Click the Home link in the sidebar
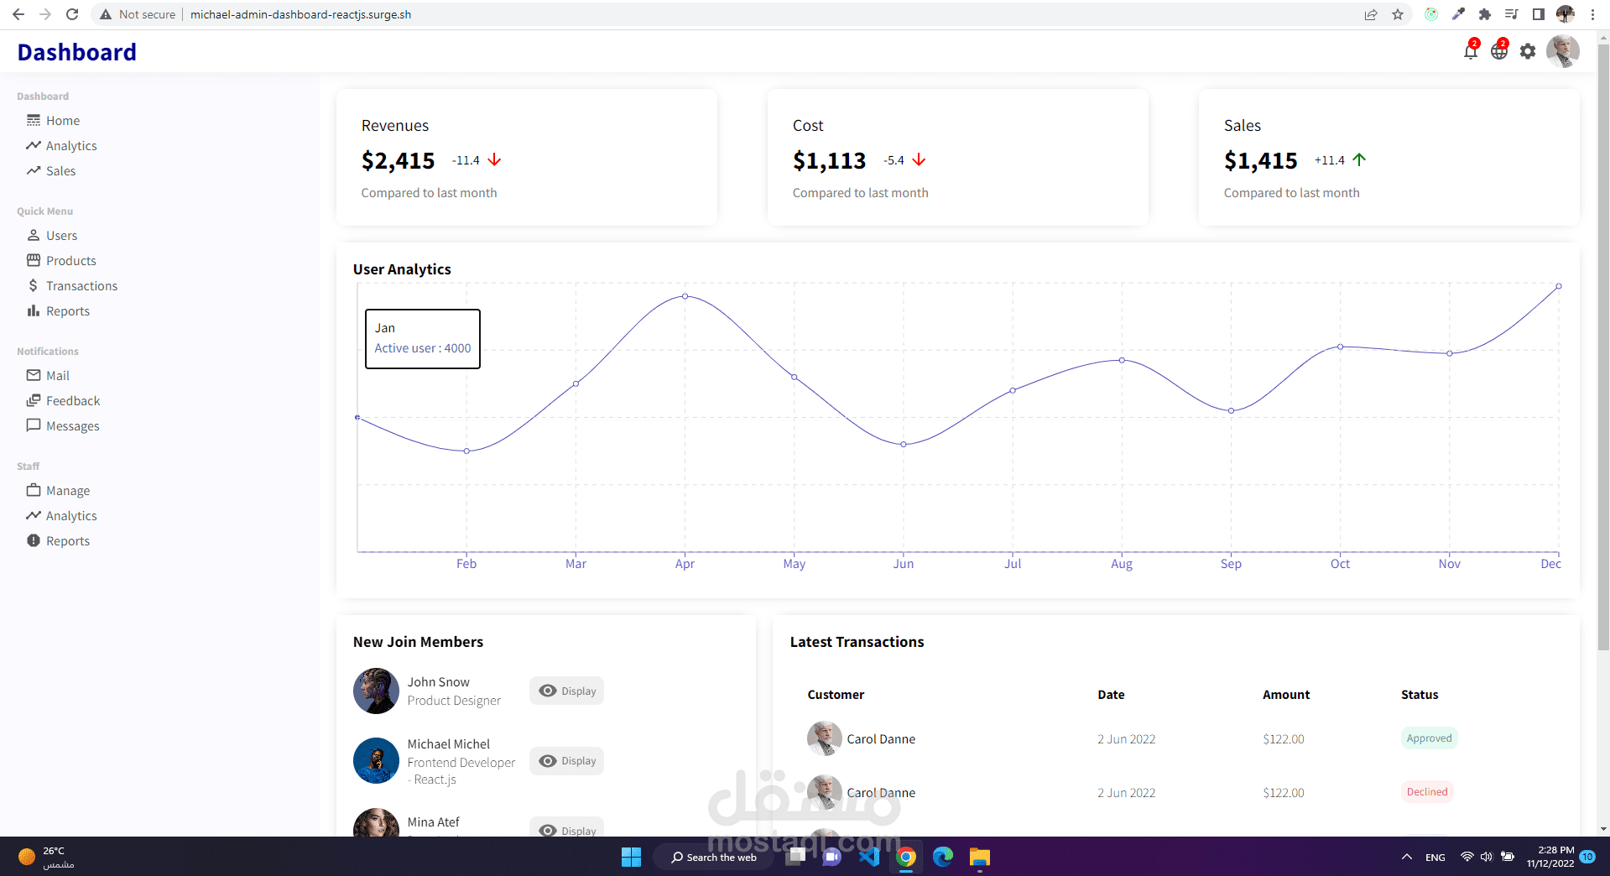pyautogui.click(x=62, y=121)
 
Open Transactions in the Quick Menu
pyautogui.click(x=81, y=286)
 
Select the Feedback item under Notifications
pyautogui.click(x=72, y=401)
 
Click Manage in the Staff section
pyautogui.click(x=67, y=491)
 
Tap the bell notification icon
pyautogui.click(x=1470, y=52)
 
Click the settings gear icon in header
pyautogui.click(x=1528, y=52)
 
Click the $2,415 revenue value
pyautogui.click(x=398, y=160)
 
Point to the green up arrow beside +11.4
pyautogui.click(x=1359, y=159)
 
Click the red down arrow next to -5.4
pyautogui.click(x=919, y=159)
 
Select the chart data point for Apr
pyautogui.click(x=685, y=296)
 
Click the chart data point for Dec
pyautogui.click(x=1558, y=286)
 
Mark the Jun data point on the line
pyautogui.click(x=904, y=445)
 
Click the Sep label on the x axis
pyautogui.click(x=1231, y=564)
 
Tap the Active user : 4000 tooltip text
pyautogui.click(x=423, y=348)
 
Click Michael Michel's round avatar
pyautogui.click(x=376, y=760)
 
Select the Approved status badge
pyautogui.click(x=1429, y=738)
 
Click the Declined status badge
pyautogui.click(x=1426, y=792)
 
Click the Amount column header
pyautogui.click(x=1285, y=695)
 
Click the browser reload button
pyautogui.click(x=72, y=14)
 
